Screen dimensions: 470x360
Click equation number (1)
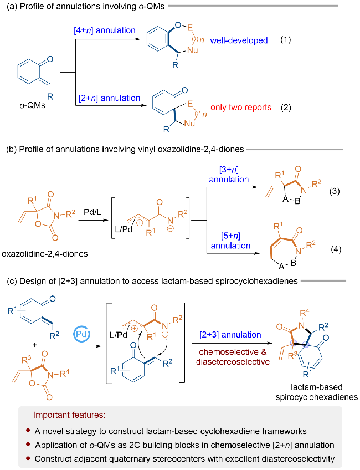tap(285, 40)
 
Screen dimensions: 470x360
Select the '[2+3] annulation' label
tap(230, 334)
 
